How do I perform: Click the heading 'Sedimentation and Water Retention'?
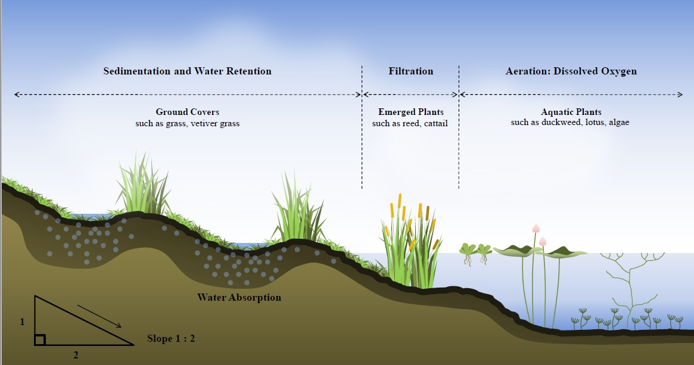187,71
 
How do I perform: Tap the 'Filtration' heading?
410,71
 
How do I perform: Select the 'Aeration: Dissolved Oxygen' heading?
571,71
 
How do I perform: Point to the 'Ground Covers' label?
187,112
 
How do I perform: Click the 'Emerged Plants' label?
410,112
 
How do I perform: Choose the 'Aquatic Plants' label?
571,112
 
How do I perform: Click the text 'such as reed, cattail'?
410,123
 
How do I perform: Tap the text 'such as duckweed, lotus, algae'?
571,123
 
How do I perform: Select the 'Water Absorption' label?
239,297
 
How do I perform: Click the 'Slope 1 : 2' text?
171,339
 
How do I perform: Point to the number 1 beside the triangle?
22,322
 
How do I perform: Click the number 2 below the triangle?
76,355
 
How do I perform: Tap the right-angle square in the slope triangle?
39,340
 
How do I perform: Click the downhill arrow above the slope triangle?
99,316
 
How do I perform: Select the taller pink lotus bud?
536,229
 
